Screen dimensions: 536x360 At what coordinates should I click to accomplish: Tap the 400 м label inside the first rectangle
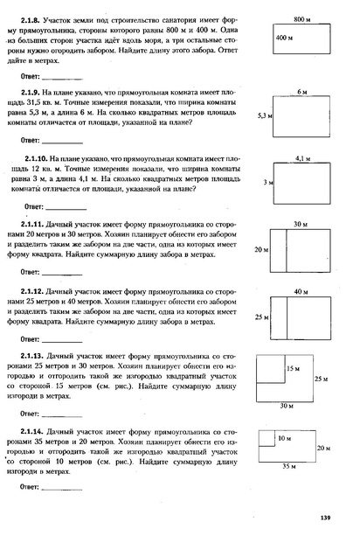[285, 38]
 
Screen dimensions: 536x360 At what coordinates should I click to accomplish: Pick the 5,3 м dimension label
[255, 115]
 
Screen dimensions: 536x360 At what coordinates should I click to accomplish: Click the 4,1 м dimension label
[303, 158]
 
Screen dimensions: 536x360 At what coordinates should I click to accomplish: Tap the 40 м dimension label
[301, 290]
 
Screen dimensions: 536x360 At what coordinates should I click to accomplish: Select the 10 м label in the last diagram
[283, 436]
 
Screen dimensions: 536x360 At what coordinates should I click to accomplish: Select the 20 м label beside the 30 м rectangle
[260, 249]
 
